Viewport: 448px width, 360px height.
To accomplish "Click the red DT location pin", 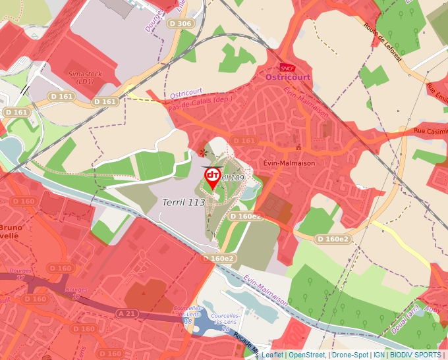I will pos(213,177).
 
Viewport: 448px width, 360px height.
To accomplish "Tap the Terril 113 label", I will pos(184,203).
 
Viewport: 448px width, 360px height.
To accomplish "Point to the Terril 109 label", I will pos(231,178).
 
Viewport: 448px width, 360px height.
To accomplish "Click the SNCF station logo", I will pos(287,67).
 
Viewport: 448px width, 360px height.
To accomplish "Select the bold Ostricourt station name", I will pos(287,78).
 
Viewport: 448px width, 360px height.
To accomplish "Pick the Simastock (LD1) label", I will pos(85,78).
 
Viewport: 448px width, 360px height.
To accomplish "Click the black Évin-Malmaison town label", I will pos(289,163).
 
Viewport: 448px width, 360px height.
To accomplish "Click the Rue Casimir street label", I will pos(430,131).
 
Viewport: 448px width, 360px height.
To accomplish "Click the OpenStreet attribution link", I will pos(307,355).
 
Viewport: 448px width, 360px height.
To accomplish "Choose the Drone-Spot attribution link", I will pos(349,355).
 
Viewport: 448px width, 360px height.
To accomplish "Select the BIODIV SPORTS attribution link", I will pos(415,355).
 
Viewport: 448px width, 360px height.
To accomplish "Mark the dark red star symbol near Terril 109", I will pos(202,152).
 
